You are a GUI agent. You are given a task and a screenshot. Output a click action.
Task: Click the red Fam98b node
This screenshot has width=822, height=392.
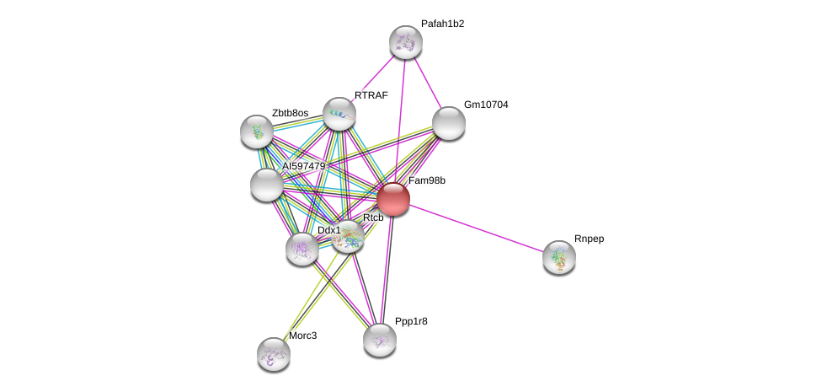(392, 199)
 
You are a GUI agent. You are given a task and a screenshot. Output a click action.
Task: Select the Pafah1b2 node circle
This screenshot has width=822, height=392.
(405, 42)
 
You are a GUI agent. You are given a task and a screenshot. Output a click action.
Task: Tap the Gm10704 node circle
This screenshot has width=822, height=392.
(448, 123)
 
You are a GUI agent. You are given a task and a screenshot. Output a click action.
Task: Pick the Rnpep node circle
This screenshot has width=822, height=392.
(558, 257)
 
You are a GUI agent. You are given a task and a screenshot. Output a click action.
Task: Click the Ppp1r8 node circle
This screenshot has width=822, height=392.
(380, 339)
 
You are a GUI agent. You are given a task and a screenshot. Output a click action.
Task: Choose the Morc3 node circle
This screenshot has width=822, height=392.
(273, 353)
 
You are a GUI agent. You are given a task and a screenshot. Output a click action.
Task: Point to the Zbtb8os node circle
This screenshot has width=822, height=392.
(256, 131)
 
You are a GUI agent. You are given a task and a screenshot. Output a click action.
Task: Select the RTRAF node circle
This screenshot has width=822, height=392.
(339, 114)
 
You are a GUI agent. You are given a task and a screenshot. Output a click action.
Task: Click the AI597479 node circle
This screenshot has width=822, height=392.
(267, 185)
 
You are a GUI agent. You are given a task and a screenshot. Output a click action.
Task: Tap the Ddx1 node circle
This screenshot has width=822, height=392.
(302, 249)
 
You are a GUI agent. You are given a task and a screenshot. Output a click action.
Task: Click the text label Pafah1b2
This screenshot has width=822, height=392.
(442, 24)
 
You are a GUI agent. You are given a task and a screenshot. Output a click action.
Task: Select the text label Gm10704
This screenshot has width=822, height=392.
(486, 105)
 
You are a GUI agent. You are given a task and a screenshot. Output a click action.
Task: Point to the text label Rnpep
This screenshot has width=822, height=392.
(589, 239)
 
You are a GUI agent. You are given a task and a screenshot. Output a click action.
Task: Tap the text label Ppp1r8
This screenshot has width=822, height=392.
(411, 321)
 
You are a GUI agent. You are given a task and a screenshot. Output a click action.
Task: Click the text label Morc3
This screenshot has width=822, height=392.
(303, 336)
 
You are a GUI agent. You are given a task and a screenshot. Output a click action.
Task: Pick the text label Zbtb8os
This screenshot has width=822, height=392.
(290, 112)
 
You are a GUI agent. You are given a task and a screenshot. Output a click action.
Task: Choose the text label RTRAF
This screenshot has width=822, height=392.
(371, 95)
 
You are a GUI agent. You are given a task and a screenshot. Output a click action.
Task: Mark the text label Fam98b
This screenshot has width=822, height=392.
(427, 180)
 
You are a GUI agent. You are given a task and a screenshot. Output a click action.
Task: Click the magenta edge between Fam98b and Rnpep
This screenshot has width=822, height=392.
(476, 228)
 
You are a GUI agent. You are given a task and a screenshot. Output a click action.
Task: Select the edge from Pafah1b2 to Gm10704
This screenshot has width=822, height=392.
(427, 83)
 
